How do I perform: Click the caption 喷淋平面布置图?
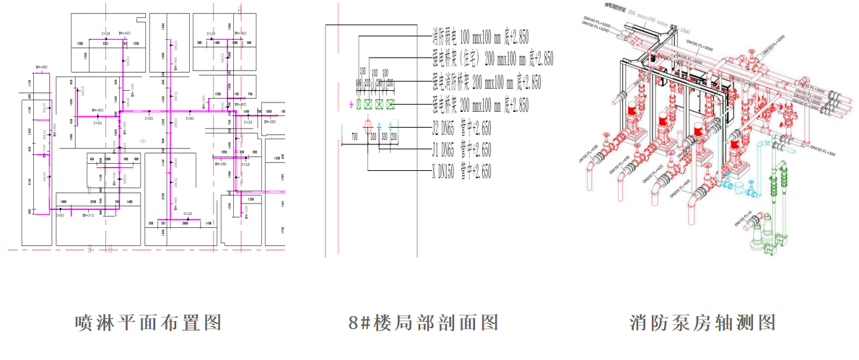(x=148, y=322)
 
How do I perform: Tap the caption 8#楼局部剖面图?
(x=423, y=322)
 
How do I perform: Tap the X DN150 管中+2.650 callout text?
(x=461, y=172)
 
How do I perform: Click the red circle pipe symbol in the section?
(x=368, y=128)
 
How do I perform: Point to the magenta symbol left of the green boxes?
(x=351, y=105)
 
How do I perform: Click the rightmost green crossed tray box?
(x=391, y=105)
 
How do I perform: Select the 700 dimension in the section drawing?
(x=354, y=136)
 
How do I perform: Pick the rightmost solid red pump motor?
(x=734, y=147)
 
